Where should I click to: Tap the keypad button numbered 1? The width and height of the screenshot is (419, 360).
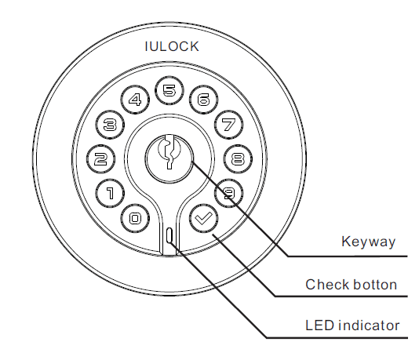(109, 191)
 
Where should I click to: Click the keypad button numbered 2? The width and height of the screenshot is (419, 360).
(100, 158)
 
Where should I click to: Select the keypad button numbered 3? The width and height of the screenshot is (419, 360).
(110, 124)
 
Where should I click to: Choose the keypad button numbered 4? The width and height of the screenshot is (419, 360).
(135, 100)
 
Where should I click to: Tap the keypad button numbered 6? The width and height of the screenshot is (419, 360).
(203, 100)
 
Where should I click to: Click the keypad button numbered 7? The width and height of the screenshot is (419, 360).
(228, 124)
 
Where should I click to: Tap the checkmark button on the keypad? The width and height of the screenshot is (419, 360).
(203, 217)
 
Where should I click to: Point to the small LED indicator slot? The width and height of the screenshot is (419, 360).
(169, 236)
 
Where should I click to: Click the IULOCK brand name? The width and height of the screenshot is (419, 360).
(172, 46)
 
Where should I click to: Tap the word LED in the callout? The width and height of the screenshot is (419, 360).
(317, 325)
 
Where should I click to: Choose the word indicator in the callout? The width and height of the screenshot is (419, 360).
(367, 325)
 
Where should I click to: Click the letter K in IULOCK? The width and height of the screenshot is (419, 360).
(194, 46)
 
